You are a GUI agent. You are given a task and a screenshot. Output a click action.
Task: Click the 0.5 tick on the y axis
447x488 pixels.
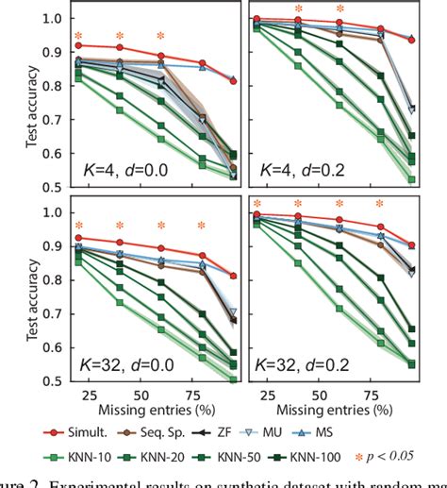[x=55, y=381]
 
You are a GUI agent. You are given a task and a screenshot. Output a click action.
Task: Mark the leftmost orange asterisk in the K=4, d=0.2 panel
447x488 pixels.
[x=299, y=8]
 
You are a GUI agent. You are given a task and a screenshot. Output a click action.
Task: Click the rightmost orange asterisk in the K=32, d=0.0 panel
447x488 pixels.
[x=202, y=226]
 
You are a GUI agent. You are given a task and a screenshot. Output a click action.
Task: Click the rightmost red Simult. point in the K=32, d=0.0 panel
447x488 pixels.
[x=233, y=276]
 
